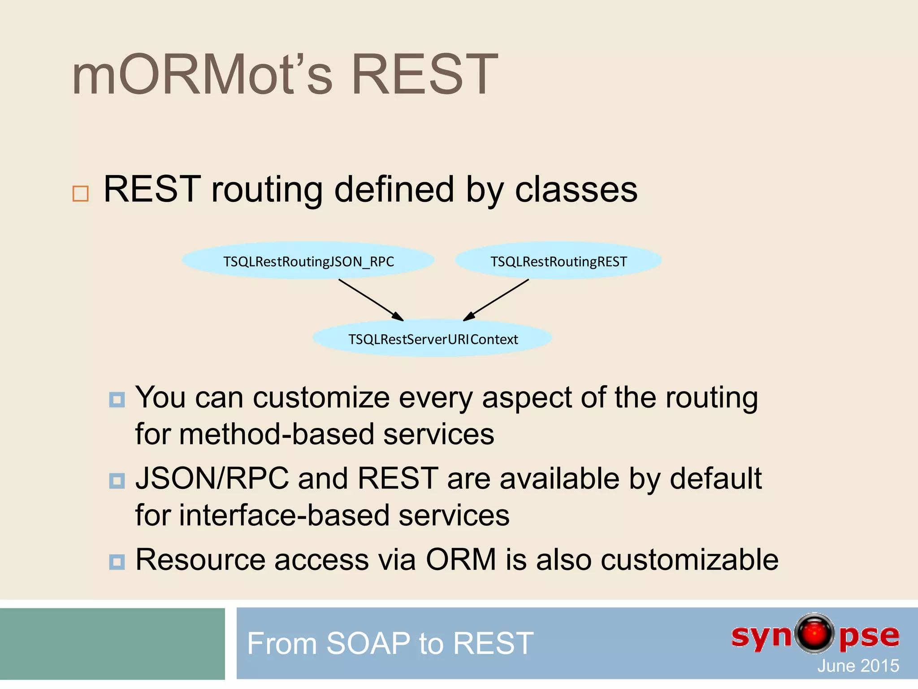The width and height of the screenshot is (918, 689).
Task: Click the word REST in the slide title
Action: click(424, 74)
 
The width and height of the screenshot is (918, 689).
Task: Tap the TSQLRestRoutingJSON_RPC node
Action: click(308, 261)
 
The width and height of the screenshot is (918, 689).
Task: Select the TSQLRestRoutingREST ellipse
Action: click(558, 261)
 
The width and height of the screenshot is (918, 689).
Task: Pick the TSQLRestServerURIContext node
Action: click(432, 339)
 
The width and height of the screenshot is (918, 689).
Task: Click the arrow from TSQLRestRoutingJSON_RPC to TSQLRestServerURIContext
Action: click(371, 300)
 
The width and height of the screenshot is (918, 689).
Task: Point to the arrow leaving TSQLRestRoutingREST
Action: click(496, 300)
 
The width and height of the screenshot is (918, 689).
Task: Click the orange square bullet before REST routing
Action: click(81, 193)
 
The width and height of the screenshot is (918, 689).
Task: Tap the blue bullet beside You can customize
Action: click(117, 399)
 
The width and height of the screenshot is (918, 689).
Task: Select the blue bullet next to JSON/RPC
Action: click(117, 481)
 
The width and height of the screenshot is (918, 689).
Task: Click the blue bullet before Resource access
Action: click(117, 562)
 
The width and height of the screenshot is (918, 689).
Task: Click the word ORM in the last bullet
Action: click(461, 560)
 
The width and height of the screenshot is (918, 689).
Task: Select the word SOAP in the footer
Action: click(368, 643)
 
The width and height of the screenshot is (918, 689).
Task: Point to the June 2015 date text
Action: click(857, 666)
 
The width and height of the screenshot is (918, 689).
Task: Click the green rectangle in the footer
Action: click(112, 644)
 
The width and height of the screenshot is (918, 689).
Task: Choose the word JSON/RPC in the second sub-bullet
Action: click(212, 479)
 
